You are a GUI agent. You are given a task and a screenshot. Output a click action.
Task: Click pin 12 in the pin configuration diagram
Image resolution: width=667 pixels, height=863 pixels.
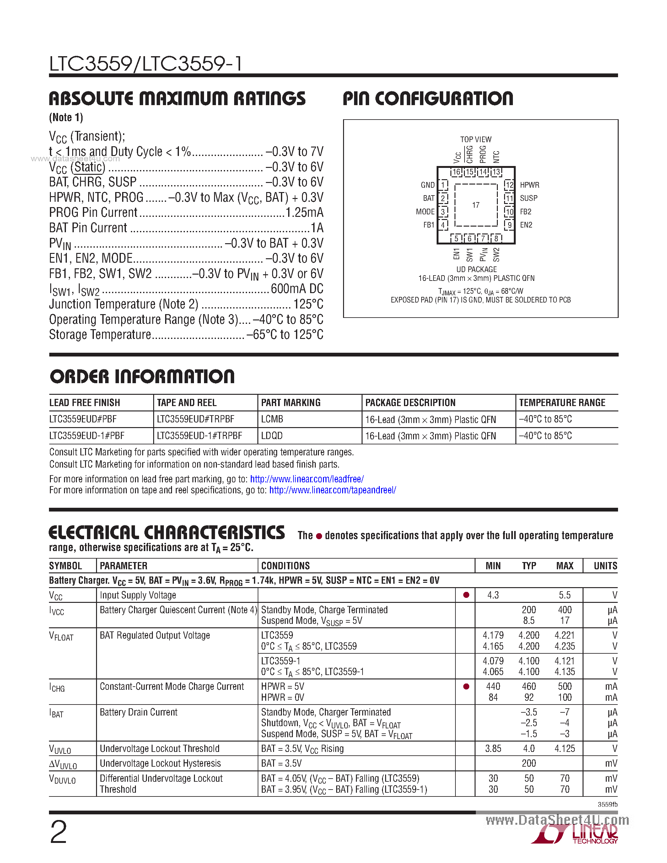[509, 185]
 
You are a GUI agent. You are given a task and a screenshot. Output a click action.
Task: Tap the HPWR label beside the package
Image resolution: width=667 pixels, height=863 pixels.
[530, 185]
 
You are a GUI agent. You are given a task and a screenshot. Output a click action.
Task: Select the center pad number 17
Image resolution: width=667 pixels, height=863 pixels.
[476, 205]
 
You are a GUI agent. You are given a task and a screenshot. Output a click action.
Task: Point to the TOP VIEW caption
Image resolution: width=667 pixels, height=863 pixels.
[476, 139]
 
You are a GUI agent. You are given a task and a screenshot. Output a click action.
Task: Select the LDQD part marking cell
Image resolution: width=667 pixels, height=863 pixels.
[272, 436]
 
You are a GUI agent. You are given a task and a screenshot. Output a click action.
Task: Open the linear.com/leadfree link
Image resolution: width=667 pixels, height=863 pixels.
[307, 479]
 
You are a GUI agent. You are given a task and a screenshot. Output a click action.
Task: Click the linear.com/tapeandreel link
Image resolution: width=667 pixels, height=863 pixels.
[333, 490]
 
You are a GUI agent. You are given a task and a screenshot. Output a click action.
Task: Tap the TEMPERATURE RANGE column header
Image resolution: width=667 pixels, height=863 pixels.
[562, 403]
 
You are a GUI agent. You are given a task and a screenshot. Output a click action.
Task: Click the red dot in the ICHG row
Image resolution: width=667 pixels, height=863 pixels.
[466, 687]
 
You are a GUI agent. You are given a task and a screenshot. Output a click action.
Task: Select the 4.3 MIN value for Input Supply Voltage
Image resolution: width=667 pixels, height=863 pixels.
[493, 595]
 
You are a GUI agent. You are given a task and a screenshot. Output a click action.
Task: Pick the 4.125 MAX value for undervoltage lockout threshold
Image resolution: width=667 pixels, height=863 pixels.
[565, 749]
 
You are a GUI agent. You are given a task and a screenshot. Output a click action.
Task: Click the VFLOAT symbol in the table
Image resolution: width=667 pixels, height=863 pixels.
[61, 636]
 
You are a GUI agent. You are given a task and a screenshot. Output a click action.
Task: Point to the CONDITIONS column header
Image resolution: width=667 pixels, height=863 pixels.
[285, 566]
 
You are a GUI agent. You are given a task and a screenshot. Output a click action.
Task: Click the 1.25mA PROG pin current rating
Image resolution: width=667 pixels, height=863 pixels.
[304, 212]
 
